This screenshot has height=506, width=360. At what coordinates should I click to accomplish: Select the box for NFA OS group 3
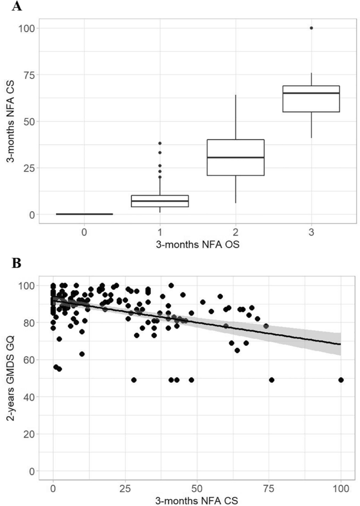(312, 99)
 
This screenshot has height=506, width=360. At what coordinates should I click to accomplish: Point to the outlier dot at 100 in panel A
(312, 28)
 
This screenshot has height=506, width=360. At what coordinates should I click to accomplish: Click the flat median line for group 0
(84, 214)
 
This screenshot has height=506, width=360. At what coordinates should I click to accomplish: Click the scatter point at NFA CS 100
(341, 380)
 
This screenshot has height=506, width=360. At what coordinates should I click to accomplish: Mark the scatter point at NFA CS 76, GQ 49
(272, 380)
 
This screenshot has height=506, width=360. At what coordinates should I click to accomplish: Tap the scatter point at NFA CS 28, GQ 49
(134, 380)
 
